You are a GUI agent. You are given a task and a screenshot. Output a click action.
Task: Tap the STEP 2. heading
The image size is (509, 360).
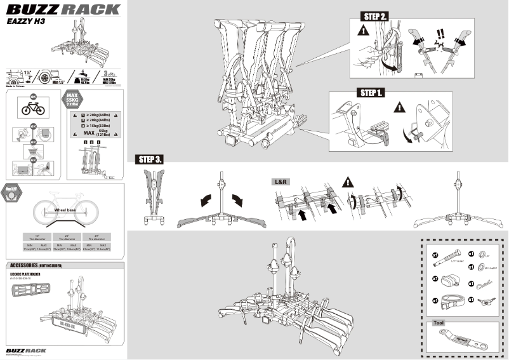coord(374,15)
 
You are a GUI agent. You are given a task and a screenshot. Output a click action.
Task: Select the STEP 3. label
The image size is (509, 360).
coord(149,159)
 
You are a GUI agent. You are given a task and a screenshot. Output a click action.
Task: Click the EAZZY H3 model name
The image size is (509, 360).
coord(25,20)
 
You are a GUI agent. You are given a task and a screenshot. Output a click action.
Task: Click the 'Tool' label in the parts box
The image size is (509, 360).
coord(439,323)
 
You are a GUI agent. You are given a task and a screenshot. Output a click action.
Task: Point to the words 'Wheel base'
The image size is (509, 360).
coord(65,210)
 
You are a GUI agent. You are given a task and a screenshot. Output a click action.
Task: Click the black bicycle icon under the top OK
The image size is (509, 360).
coord(33,109)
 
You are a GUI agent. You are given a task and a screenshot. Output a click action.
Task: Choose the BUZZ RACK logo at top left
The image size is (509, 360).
coord(62,9)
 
